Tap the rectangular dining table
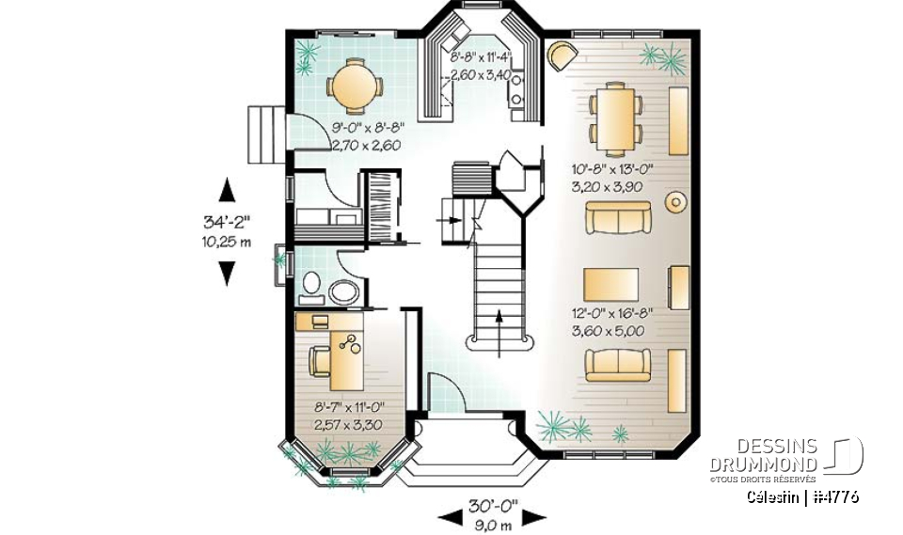(x=615, y=118)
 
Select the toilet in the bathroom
(x=311, y=287)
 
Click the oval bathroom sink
(x=343, y=291)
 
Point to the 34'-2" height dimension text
(x=227, y=223)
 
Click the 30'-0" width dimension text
(x=494, y=508)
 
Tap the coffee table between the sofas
(x=610, y=281)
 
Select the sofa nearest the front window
(x=617, y=364)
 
